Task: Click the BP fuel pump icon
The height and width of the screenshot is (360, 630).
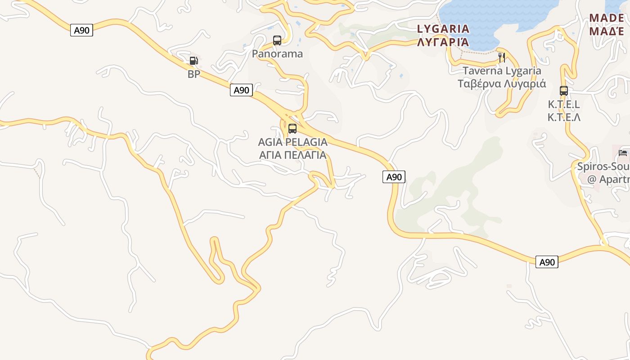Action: [x=193, y=61]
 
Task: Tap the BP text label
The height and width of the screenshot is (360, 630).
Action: [x=194, y=74]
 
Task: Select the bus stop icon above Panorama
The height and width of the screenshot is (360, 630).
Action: [x=277, y=40]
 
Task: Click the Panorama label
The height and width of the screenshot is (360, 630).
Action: [x=277, y=54]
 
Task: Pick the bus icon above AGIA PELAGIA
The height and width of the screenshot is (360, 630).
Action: [x=292, y=129]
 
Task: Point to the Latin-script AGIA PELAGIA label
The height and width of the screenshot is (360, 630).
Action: [x=292, y=142]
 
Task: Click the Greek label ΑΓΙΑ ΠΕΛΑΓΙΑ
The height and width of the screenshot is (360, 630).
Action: [x=292, y=155]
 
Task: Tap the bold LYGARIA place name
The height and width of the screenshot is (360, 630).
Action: [x=443, y=29]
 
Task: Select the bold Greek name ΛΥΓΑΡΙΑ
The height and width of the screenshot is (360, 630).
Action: [x=443, y=42]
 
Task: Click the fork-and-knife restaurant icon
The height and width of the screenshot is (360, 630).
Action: [x=502, y=57]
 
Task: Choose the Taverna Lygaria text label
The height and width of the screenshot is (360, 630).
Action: [x=502, y=71]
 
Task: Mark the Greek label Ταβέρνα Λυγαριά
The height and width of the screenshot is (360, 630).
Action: [x=502, y=84]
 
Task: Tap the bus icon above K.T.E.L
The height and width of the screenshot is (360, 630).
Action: [x=564, y=90]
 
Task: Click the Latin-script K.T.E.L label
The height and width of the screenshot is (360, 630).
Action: [x=564, y=104]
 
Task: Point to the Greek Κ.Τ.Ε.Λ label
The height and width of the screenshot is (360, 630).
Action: [x=564, y=117]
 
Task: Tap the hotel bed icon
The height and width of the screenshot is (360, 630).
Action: [x=623, y=153]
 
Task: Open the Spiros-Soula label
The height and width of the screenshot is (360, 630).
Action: [x=603, y=167]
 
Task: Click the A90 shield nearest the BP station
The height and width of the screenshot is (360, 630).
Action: [x=241, y=90]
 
